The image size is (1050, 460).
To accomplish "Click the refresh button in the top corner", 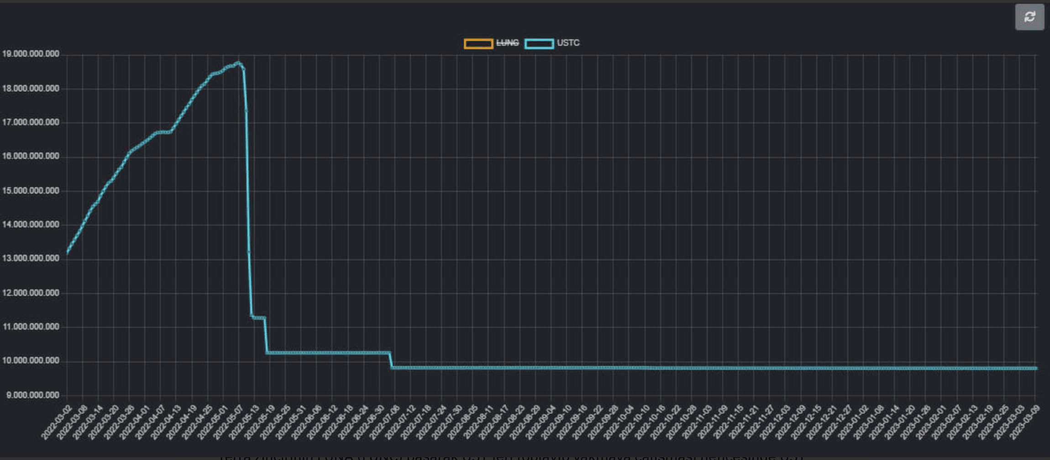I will (1029, 17).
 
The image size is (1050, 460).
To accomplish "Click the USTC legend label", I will (568, 43).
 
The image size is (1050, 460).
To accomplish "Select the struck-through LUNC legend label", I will (507, 43).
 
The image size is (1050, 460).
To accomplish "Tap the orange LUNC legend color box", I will (478, 43).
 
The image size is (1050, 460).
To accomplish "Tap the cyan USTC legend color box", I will (539, 43).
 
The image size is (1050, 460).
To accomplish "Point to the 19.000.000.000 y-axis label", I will (31, 54).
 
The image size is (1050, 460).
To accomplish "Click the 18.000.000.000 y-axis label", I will (31, 89).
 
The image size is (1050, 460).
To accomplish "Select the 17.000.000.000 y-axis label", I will (31, 122).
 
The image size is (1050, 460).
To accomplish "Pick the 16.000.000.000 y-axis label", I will (31, 156).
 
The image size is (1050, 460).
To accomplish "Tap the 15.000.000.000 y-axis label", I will (31, 191).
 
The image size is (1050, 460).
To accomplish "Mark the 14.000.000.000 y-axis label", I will (31, 225).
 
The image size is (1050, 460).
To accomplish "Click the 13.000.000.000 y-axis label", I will (31, 258).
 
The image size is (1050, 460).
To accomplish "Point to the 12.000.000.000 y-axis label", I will (31, 293).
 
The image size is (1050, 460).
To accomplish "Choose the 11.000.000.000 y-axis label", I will (31, 327).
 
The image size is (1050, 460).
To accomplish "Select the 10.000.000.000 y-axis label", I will (31, 361).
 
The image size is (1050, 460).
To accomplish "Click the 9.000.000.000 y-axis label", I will (32, 395).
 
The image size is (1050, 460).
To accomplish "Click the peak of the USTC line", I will (238, 63).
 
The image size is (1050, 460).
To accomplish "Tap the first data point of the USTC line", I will (67, 252).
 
